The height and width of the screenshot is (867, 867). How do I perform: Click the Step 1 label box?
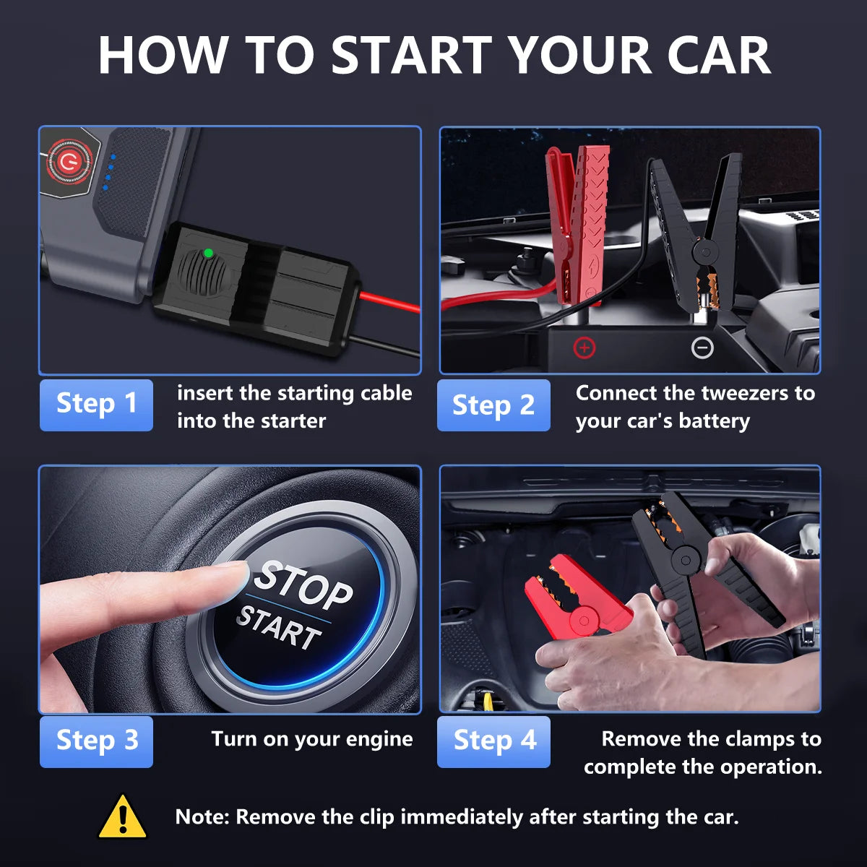point(96,405)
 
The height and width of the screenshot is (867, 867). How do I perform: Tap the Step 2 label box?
point(493,405)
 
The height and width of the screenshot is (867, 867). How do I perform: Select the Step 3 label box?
point(96,741)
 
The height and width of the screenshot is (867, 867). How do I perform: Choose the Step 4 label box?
point(493,741)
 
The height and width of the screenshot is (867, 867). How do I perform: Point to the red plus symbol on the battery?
point(584,348)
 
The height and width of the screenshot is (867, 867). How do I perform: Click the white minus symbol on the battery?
point(702,348)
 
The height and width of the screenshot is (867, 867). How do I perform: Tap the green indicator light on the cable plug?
point(208,253)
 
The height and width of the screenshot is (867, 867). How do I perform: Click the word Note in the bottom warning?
point(202,817)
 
